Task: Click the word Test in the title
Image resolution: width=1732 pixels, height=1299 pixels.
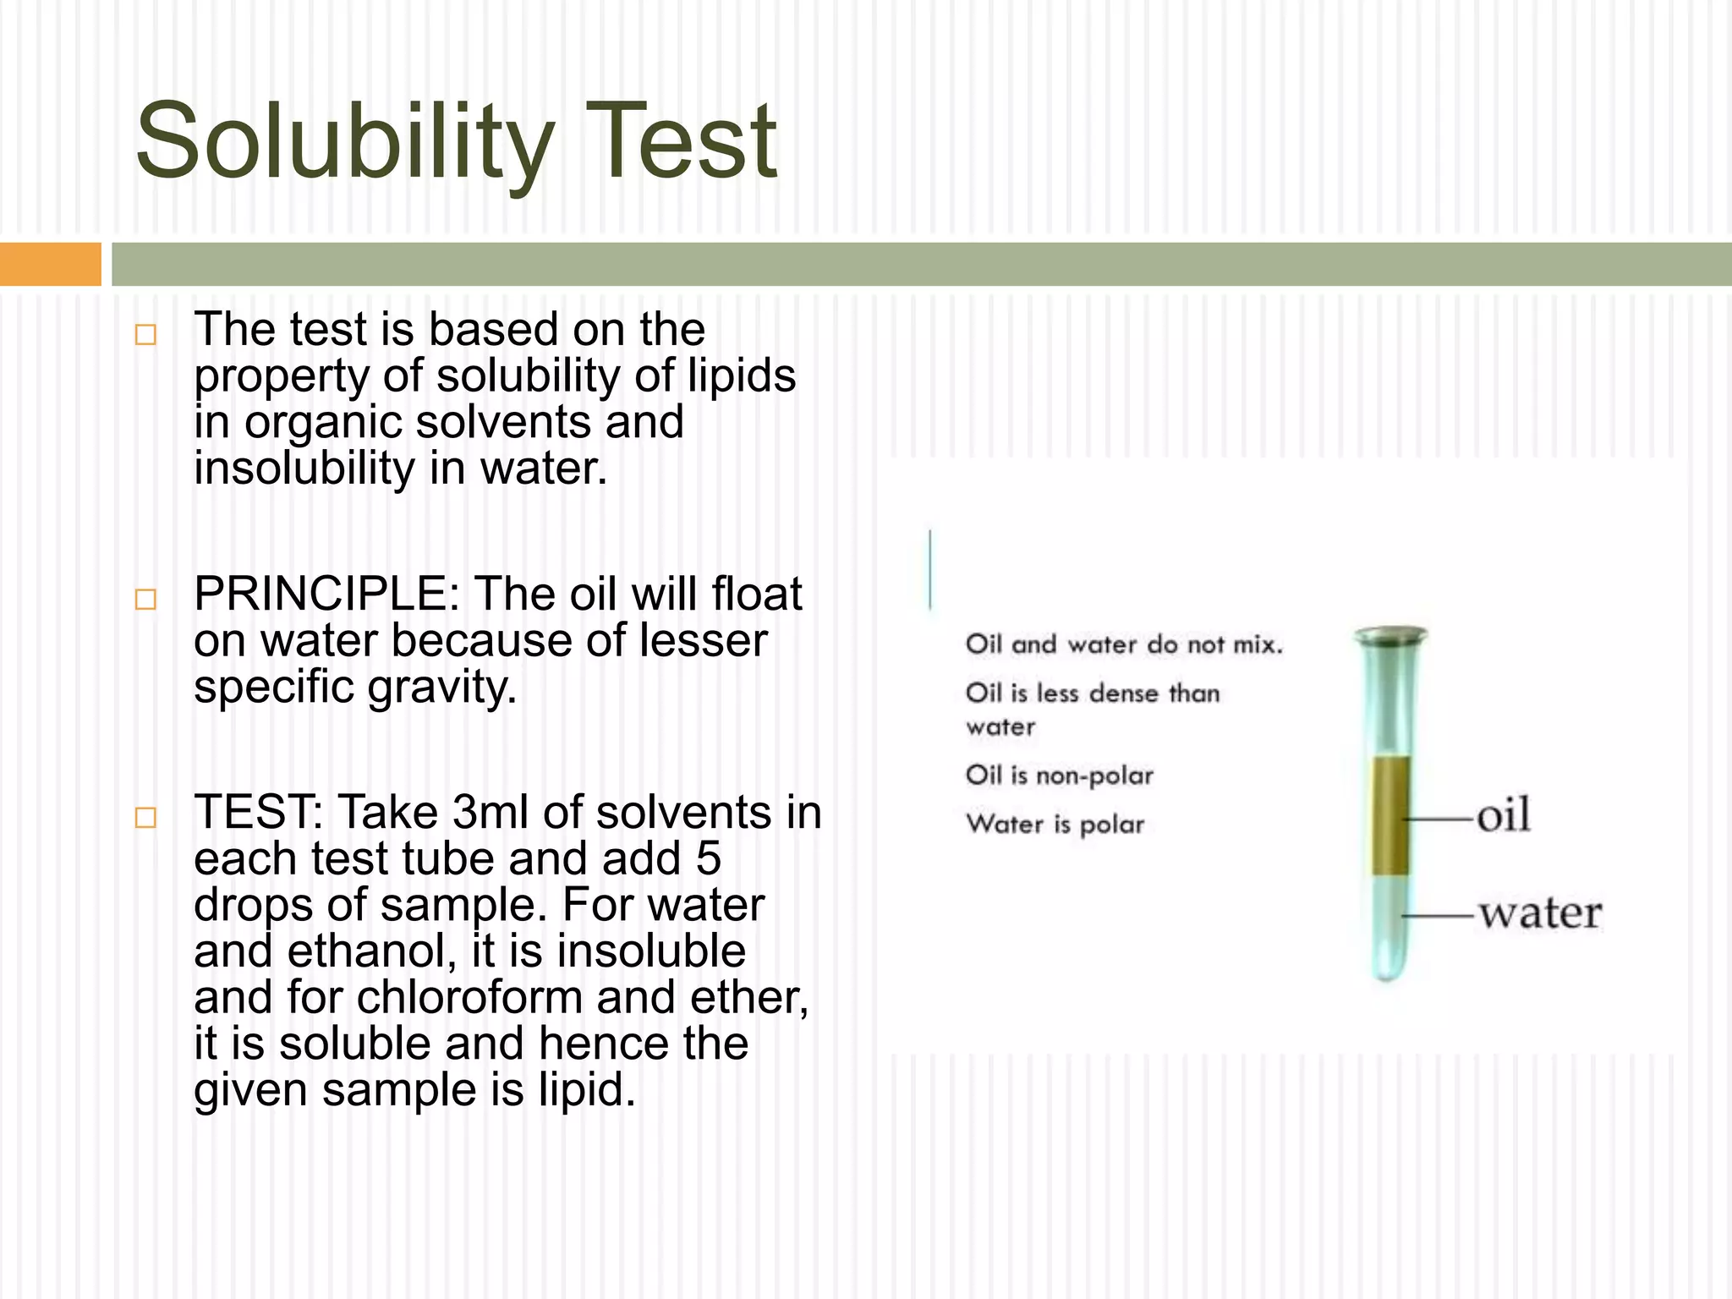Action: (x=687, y=142)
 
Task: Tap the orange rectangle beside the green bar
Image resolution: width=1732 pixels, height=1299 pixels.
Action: (x=50, y=264)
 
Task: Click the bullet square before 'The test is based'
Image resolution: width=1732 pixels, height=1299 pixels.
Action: (x=145, y=334)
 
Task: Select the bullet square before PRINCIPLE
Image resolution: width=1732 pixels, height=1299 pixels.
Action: (x=145, y=600)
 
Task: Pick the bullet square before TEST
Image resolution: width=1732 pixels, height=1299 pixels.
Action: (x=145, y=817)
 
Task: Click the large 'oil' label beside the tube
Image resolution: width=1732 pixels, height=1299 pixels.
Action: (x=1503, y=816)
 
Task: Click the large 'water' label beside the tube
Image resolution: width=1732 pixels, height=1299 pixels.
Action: (x=1539, y=914)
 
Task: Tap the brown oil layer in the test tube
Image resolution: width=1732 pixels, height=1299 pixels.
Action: (x=1390, y=816)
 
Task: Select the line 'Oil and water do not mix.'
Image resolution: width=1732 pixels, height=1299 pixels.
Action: (x=1124, y=645)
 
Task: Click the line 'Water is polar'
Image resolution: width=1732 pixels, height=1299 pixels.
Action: (x=1055, y=825)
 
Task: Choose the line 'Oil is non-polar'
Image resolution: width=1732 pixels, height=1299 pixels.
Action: (x=1059, y=776)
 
